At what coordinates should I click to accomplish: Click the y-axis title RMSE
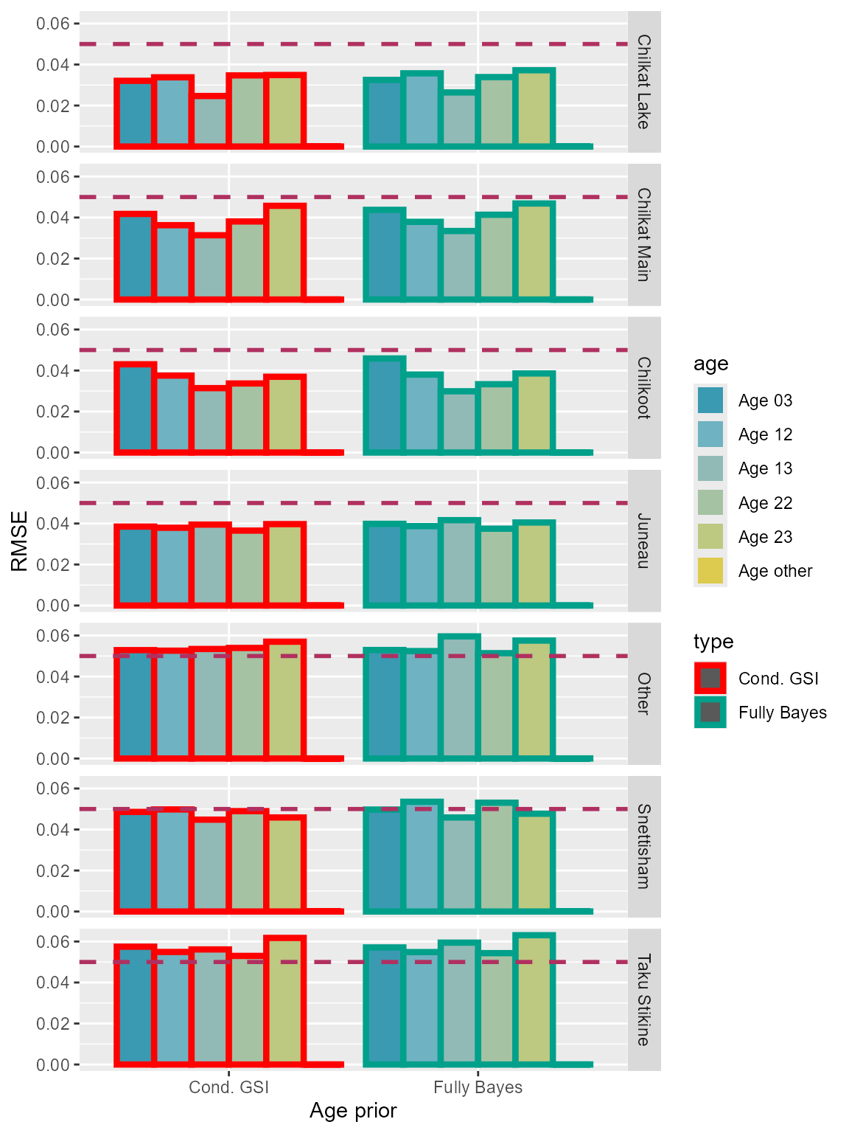coord(20,541)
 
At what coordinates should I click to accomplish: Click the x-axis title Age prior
coord(353,1111)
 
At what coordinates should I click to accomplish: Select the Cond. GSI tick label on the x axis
coord(228,1087)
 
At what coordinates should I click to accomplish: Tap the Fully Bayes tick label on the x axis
coord(478,1087)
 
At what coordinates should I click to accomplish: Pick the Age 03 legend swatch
coord(710,401)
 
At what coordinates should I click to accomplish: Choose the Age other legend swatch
coord(710,571)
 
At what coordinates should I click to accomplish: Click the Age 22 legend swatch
coord(710,503)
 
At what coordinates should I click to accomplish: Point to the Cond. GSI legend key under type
coord(710,679)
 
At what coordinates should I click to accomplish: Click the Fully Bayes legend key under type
coord(710,713)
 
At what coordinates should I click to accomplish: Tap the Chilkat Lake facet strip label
coord(643,82)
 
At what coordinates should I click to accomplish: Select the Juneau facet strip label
coord(643,541)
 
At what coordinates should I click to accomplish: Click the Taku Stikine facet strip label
coord(643,999)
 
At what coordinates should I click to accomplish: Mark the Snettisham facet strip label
coord(643,847)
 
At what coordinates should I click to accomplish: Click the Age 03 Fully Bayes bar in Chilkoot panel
coord(384,405)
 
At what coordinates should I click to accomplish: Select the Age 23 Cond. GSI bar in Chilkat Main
coord(285,253)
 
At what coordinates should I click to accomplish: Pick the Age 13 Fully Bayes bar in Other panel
coord(459,697)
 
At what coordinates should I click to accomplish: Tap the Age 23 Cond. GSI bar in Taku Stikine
coord(285,1001)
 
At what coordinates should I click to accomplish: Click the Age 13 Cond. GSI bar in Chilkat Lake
coord(210,121)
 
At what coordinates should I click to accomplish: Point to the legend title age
coord(710,364)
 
